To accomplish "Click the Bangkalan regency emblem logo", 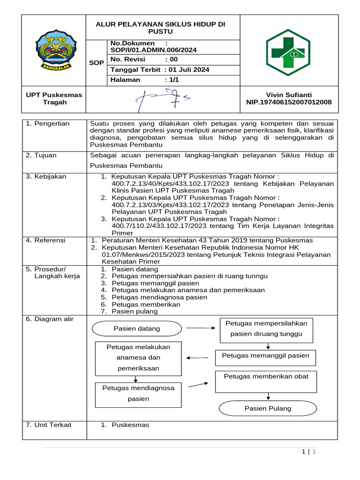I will point(54,50).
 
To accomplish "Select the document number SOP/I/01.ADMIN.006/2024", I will point(153,50).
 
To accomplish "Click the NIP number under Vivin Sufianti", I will point(289,102).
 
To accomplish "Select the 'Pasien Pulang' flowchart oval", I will point(268,408).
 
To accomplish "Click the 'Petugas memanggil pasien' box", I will point(265,356).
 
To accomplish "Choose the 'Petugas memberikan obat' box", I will point(266,381).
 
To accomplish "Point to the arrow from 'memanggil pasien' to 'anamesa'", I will point(197,358).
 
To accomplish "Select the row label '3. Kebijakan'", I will point(46,177).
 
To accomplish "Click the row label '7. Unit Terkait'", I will point(49,425).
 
